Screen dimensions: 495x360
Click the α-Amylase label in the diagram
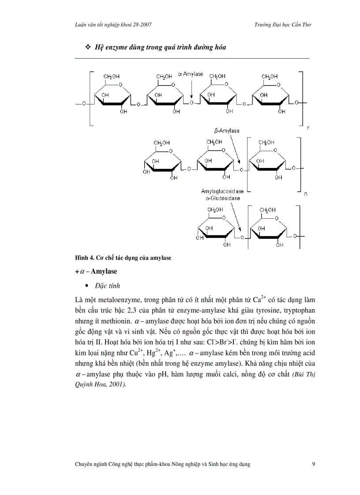pyautogui.click(x=190, y=74)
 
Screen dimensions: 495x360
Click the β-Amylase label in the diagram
pyautogui.click(x=227, y=131)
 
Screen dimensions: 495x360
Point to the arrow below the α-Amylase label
pyautogui.click(x=192, y=88)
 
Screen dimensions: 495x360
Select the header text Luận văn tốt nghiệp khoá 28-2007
pyautogui.click(x=114, y=25)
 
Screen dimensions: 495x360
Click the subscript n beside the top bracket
pyautogui.click(x=307, y=128)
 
